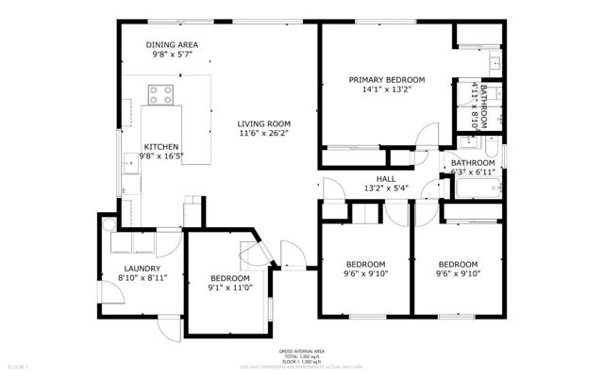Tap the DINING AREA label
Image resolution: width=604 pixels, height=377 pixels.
coord(172,44)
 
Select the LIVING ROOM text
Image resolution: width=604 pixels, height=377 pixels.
coord(263,123)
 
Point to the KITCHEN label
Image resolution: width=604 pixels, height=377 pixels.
coord(160,146)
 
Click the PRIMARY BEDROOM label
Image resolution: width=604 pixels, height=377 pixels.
coord(387,80)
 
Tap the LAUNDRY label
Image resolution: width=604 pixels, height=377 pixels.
coord(143,269)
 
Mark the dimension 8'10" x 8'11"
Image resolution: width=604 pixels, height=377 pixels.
coord(143,279)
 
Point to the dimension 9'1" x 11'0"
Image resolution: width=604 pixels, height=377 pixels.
coord(229,290)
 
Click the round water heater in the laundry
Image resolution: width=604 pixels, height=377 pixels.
coord(109,224)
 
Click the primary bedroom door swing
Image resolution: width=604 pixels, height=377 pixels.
coord(428,137)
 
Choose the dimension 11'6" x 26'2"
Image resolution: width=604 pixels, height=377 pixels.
coord(263,135)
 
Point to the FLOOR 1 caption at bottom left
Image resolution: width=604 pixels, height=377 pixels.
coord(18,365)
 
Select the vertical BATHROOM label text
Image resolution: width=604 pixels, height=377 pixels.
coord(484,107)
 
